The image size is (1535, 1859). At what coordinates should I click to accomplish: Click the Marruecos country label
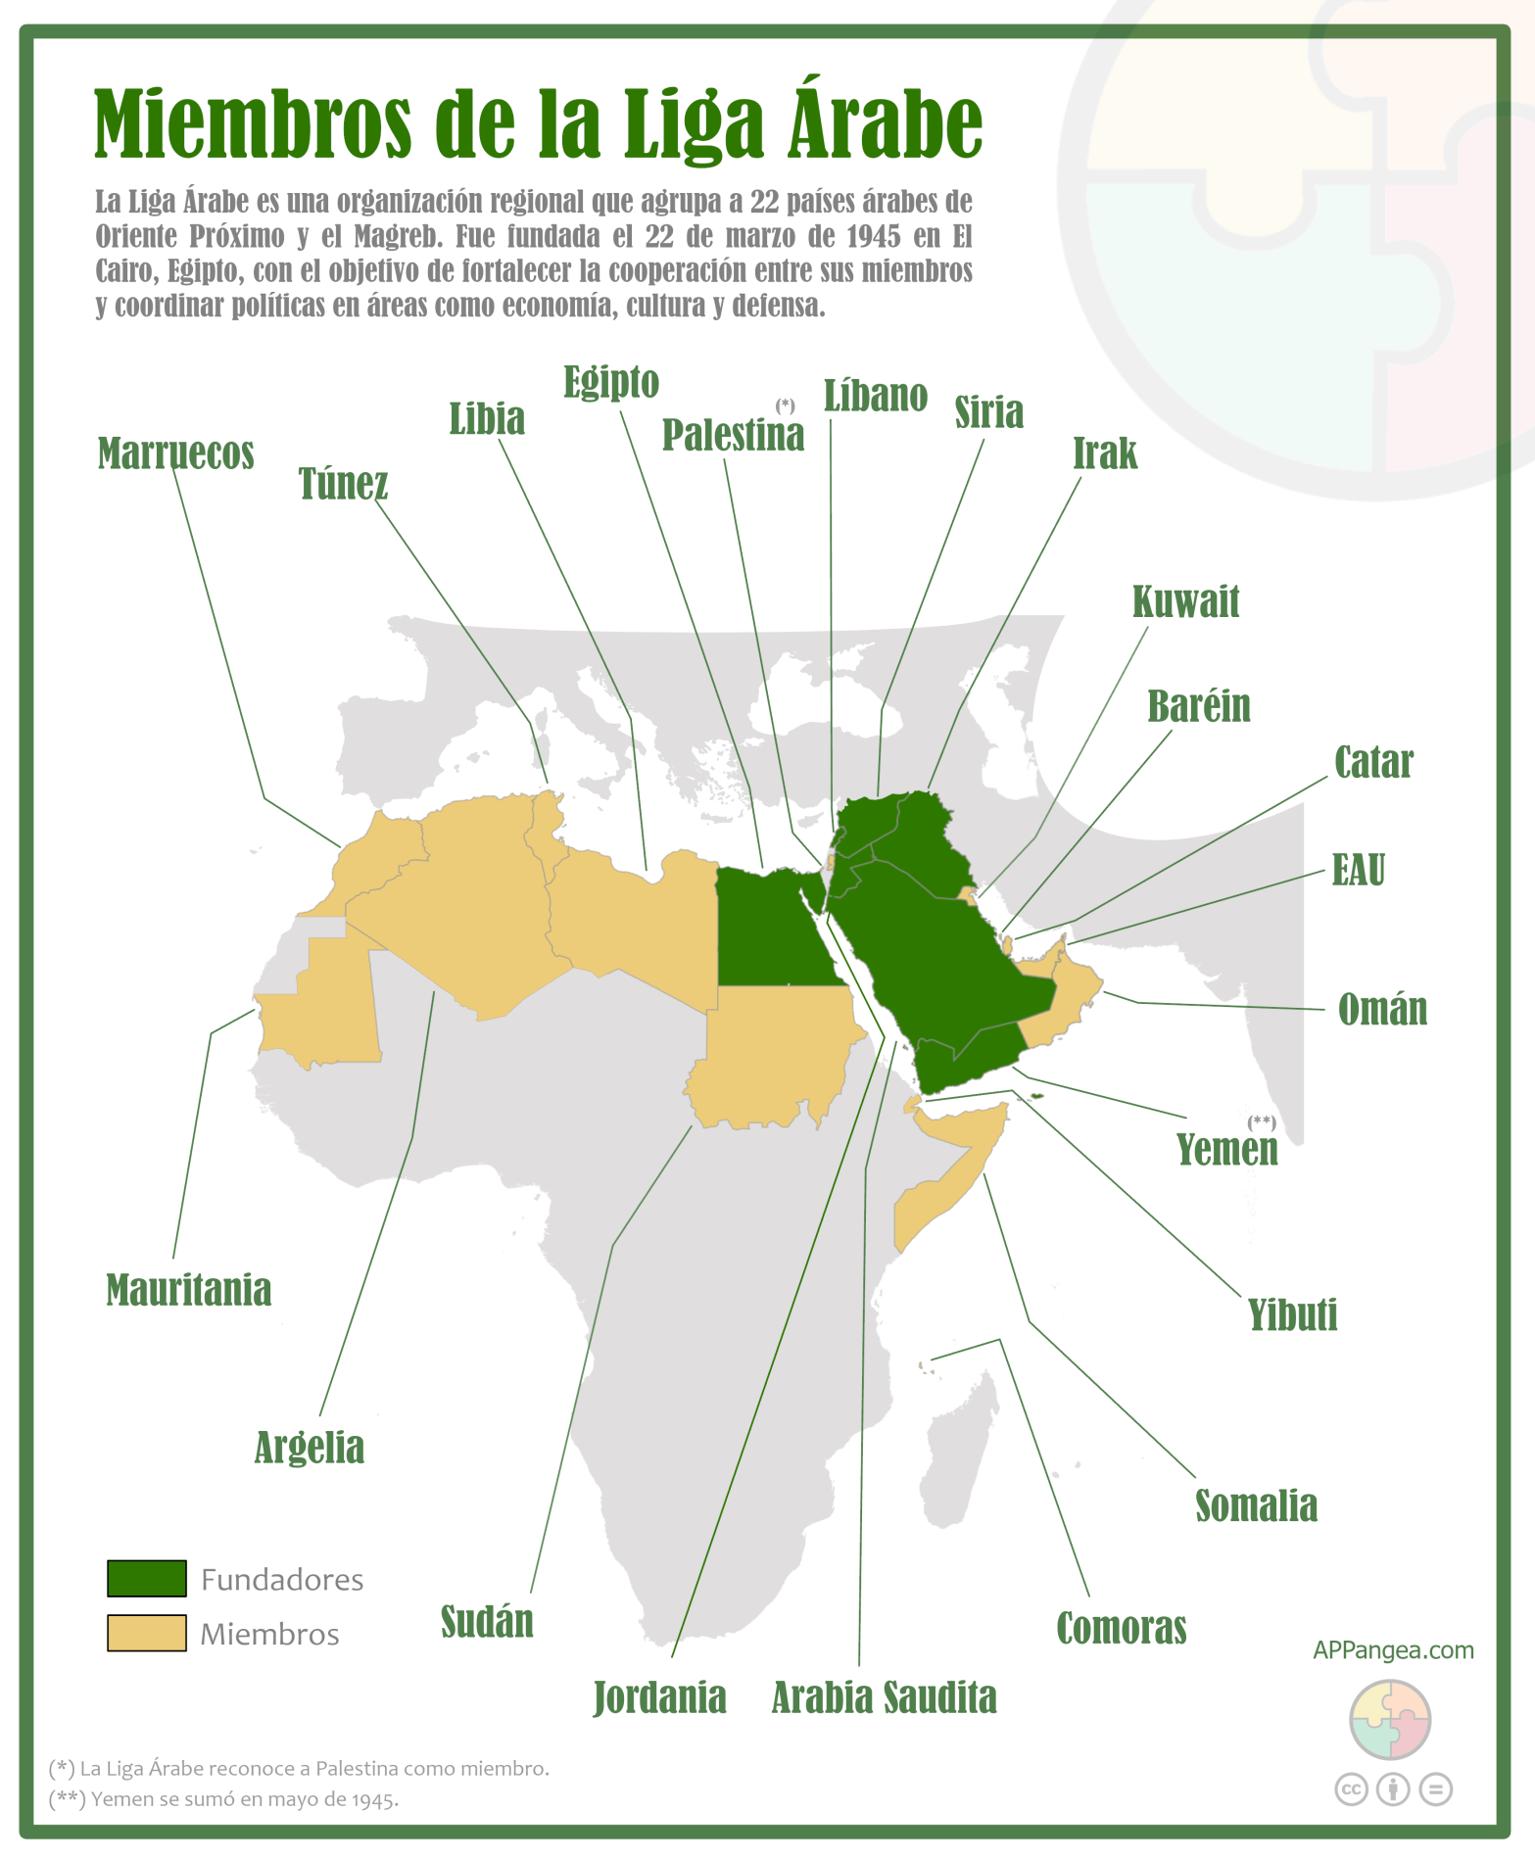tap(176, 454)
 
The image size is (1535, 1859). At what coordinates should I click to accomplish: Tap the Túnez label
tap(343, 484)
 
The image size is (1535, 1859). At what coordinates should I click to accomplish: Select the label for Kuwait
tap(1185, 602)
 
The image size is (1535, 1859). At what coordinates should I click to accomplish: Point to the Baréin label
tap(1199, 706)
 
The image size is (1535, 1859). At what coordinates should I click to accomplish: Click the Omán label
tap(1382, 1010)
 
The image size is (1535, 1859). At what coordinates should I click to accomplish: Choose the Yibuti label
tap(1292, 1315)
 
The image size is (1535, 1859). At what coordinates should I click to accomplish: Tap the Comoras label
tap(1121, 1629)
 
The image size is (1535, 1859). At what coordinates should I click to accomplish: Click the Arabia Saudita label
tap(884, 1698)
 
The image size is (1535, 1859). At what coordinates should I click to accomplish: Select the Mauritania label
tap(188, 1291)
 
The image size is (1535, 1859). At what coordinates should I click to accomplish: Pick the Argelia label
tap(309, 1448)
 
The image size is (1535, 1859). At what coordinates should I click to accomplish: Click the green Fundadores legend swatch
tap(147, 1579)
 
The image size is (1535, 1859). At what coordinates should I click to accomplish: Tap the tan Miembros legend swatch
tap(147, 1634)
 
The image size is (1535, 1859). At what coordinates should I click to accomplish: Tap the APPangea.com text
tap(1393, 1650)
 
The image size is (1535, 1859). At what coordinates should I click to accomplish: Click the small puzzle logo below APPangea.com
tap(1390, 1721)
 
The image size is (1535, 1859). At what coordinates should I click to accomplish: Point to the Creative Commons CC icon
tap(1351, 1789)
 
